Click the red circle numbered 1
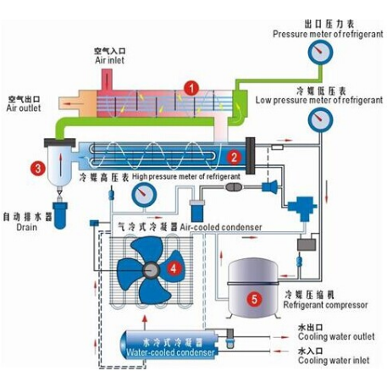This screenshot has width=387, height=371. (191, 88)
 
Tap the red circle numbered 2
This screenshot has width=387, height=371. (234, 157)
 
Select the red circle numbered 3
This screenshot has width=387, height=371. (38, 169)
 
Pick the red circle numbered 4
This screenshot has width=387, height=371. (174, 269)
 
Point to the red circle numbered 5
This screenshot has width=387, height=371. (254, 299)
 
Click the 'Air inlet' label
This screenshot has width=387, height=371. (110, 60)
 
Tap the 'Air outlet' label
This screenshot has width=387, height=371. (24, 108)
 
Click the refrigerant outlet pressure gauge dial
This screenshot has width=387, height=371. (320, 53)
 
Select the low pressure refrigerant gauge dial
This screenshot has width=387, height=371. (320, 119)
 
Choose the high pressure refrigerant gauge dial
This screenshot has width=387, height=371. (144, 195)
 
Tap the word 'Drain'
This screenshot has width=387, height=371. (27, 227)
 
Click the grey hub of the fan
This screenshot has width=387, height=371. (151, 270)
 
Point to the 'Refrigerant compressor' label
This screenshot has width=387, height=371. (325, 305)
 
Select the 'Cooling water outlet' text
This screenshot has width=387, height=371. (336, 336)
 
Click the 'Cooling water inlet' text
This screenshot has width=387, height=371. (334, 360)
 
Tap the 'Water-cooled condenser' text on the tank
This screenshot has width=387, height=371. (170, 352)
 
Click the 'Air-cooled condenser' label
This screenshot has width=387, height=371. (221, 227)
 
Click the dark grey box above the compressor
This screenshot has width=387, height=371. (307, 245)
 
